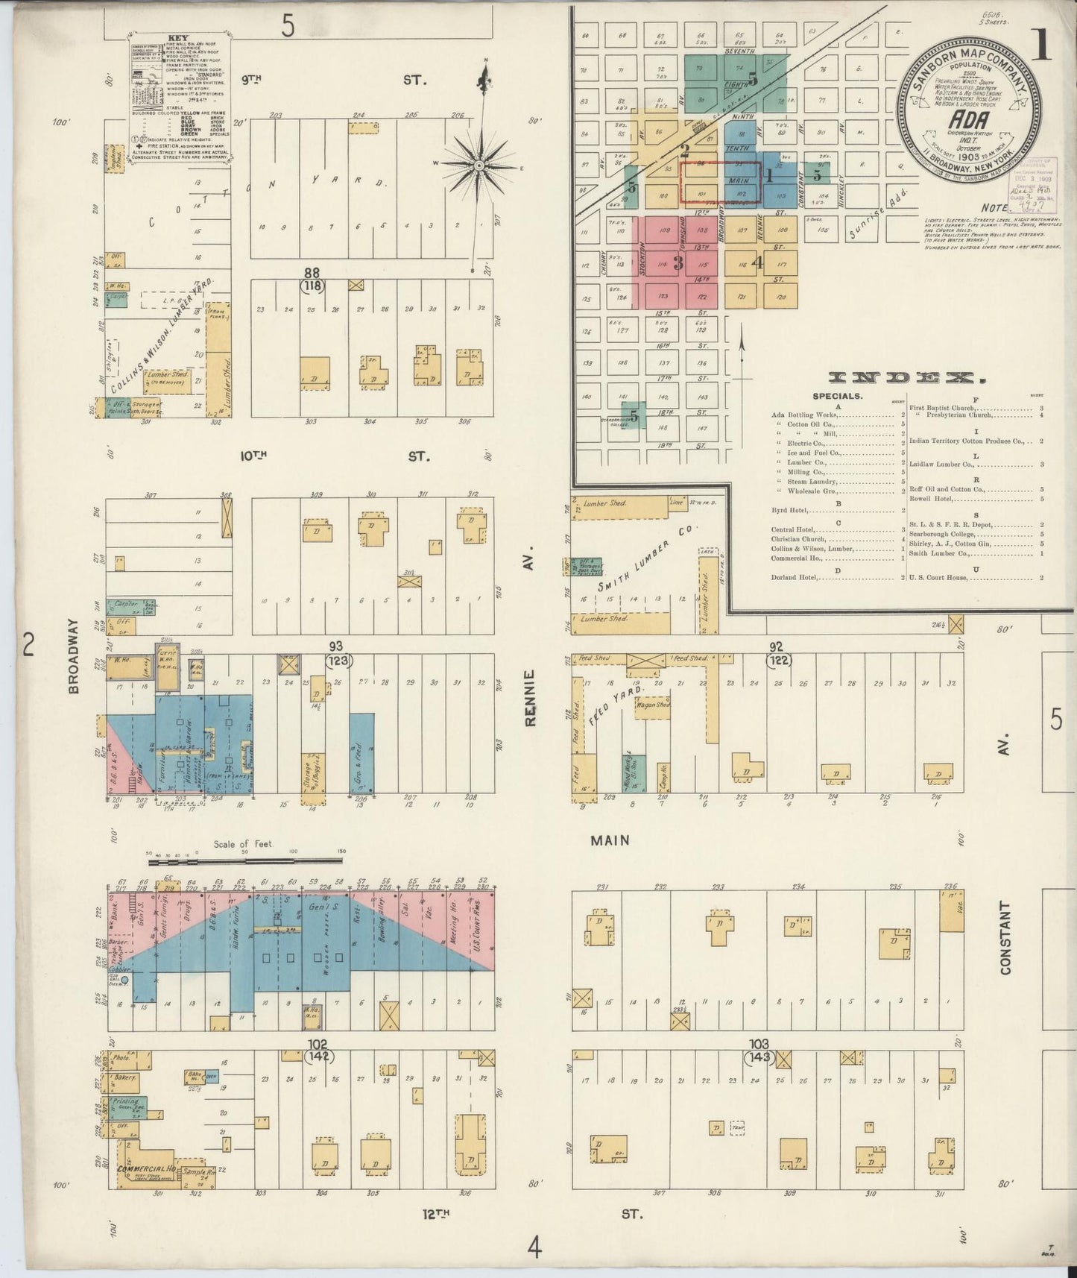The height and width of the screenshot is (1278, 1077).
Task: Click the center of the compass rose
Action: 478,165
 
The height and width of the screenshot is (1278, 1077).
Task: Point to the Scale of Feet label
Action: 243,844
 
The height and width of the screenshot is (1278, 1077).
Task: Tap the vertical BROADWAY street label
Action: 73,656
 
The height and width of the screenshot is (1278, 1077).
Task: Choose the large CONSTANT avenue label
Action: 1005,938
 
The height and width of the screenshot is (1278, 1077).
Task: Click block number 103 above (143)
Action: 759,1045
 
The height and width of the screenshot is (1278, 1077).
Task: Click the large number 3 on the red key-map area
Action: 678,262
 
